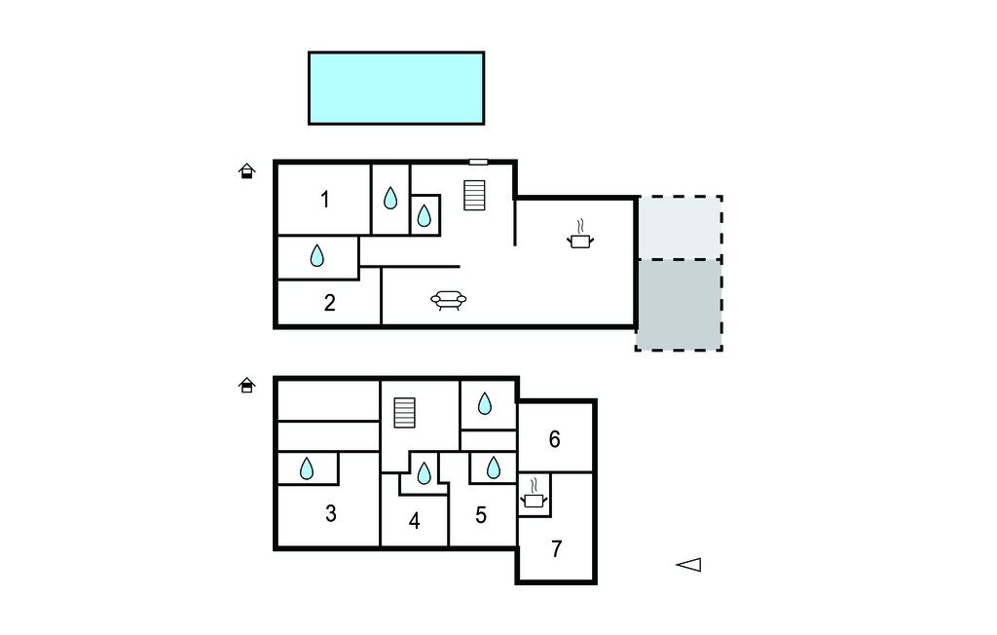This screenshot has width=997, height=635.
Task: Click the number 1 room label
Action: (325, 200)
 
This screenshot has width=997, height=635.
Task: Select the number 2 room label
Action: (329, 302)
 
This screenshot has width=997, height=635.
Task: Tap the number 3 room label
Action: (331, 513)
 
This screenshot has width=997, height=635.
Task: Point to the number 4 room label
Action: (414, 521)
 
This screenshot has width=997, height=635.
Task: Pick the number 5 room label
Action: (481, 515)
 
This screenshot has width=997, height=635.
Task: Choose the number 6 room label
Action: (554, 439)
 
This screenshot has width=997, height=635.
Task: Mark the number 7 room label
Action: (556, 548)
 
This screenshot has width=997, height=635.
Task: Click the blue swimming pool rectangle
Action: (396, 88)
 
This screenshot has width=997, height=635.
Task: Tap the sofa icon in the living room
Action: (448, 300)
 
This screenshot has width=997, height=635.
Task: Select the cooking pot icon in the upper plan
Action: (580, 236)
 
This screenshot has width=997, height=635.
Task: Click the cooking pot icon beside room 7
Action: (535, 494)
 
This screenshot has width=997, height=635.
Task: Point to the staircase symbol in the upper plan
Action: (474, 196)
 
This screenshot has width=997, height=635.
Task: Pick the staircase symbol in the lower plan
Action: (404, 413)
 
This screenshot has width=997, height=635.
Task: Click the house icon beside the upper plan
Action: (246, 171)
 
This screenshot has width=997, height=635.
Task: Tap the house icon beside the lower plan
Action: (246, 385)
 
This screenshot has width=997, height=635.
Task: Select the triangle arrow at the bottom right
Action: (688, 564)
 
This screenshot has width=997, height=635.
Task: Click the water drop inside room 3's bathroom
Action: (307, 468)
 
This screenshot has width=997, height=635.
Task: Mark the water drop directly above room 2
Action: (316, 256)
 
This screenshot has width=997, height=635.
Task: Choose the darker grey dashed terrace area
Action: (679, 305)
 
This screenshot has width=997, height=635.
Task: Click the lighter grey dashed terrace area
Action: (679, 228)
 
